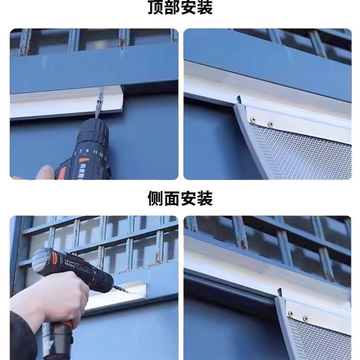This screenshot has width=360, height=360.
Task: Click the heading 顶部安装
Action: pos(180,8)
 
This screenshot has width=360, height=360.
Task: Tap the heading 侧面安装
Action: pos(180,198)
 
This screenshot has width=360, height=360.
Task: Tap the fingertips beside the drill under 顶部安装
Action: pos(45,172)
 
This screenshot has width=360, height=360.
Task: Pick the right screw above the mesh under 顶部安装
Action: pos(270,124)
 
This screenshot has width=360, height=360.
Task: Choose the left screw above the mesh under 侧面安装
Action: pos(291,313)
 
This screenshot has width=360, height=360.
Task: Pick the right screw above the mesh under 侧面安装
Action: pos(306,318)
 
